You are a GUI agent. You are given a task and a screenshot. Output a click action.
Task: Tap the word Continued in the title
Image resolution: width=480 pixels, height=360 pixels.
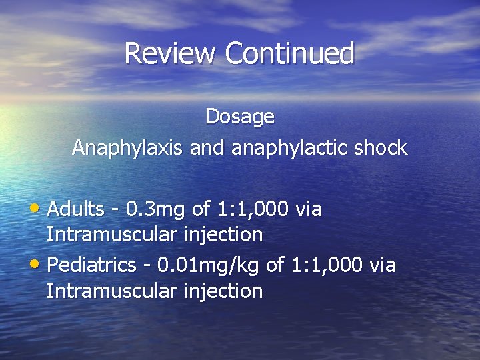pos(290,53)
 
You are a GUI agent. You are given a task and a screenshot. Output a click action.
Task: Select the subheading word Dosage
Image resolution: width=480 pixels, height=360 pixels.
pos(240,117)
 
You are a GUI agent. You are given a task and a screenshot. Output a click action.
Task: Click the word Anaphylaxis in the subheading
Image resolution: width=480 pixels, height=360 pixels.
pos(127,148)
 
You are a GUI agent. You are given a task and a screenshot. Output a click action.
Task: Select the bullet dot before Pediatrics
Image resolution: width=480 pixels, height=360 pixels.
pos(39,265)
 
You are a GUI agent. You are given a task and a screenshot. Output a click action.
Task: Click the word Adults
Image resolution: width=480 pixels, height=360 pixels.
pos(76,209)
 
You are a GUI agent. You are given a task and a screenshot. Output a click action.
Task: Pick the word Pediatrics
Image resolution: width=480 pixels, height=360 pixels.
pos(93,265)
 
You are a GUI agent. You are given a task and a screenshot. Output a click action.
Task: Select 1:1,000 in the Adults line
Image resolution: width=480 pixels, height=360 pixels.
pos(253,209)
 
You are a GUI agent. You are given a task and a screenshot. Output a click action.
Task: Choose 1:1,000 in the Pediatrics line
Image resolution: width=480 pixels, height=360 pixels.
pos(327,265)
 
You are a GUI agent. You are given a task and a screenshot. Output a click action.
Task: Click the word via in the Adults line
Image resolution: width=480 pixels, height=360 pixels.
pos(309,209)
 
